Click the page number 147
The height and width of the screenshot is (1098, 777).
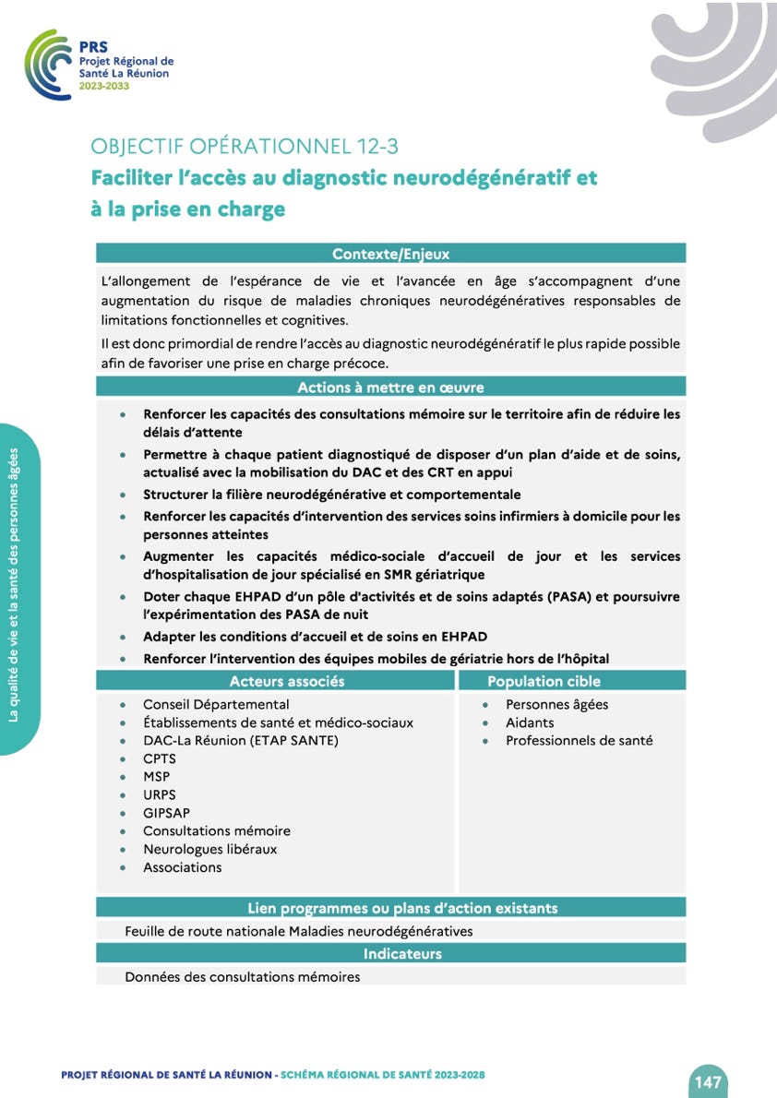click(708, 1081)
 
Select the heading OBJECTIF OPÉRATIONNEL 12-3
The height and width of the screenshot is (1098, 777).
click(245, 146)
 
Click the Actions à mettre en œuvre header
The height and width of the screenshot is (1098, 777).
click(390, 388)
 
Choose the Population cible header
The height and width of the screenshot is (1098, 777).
click(544, 681)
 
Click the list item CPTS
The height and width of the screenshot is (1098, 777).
click(159, 758)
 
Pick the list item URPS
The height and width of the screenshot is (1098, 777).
click(159, 794)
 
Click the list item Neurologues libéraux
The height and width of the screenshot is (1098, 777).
click(209, 849)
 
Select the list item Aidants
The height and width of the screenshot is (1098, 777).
click(530, 722)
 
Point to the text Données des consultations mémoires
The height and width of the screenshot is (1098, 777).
click(242, 976)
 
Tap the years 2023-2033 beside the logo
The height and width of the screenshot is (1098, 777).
click(104, 85)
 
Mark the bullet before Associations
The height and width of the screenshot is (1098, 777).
click(123, 867)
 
